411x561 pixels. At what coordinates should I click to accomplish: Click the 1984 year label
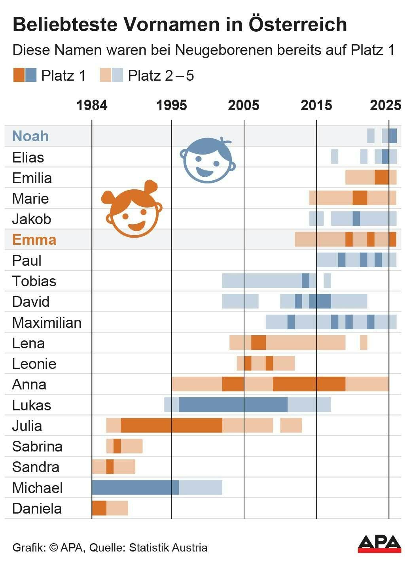tap(92, 105)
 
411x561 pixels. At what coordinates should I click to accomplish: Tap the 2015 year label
tap(316, 105)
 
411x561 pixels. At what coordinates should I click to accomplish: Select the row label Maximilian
tap(47, 323)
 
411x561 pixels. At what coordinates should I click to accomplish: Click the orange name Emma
tap(34, 240)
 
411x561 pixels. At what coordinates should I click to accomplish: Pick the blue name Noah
tap(30, 136)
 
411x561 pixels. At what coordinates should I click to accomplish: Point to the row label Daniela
tap(37, 509)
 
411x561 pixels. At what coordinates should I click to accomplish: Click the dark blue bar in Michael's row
tap(135, 487)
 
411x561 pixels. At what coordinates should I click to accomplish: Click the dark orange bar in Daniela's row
tap(99, 508)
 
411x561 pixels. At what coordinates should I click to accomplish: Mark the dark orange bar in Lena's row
tap(259, 343)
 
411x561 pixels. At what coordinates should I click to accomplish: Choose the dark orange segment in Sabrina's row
tap(117, 446)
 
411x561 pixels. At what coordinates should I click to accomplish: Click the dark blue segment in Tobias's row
tap(305, 281)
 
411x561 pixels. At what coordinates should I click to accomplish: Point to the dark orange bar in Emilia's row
tap(382, 177)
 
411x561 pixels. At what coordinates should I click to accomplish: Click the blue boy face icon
tap(208, 160)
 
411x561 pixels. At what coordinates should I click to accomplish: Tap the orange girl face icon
tap(132, 209)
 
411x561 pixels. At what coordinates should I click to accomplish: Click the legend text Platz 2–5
tap(161, 76)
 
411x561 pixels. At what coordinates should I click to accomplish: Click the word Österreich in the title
tap(298, 24)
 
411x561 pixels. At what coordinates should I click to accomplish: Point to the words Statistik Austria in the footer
tap(168, 548)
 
